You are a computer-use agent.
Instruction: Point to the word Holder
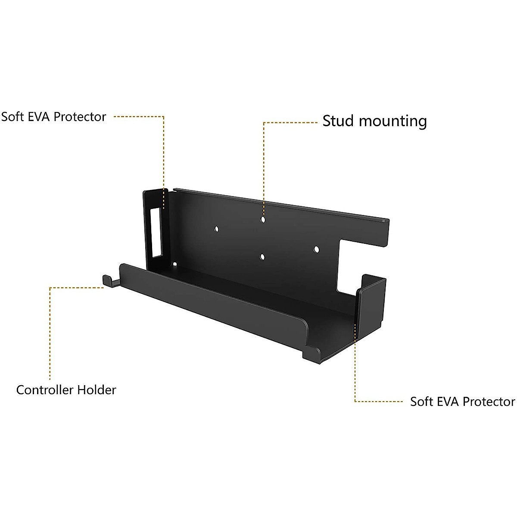pyautogui.click(x=97, y=390)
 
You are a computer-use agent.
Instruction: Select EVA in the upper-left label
pyautogui.click(x=37, y=117)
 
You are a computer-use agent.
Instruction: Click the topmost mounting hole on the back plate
pyautogui.click(x=263, y=219)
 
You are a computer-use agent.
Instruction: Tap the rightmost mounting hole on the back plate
pyautogui.click(x=316, y=249)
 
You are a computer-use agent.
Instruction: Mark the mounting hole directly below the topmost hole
pyautogui.click(x=262, y=257)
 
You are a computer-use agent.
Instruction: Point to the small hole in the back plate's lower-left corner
pyautogui.click(x=175, y=264)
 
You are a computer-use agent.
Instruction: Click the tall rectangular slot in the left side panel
pyautogui.click(x=155, y=232)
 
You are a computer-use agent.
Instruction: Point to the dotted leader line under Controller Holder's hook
pyautogui.click(x=50, y=332)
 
